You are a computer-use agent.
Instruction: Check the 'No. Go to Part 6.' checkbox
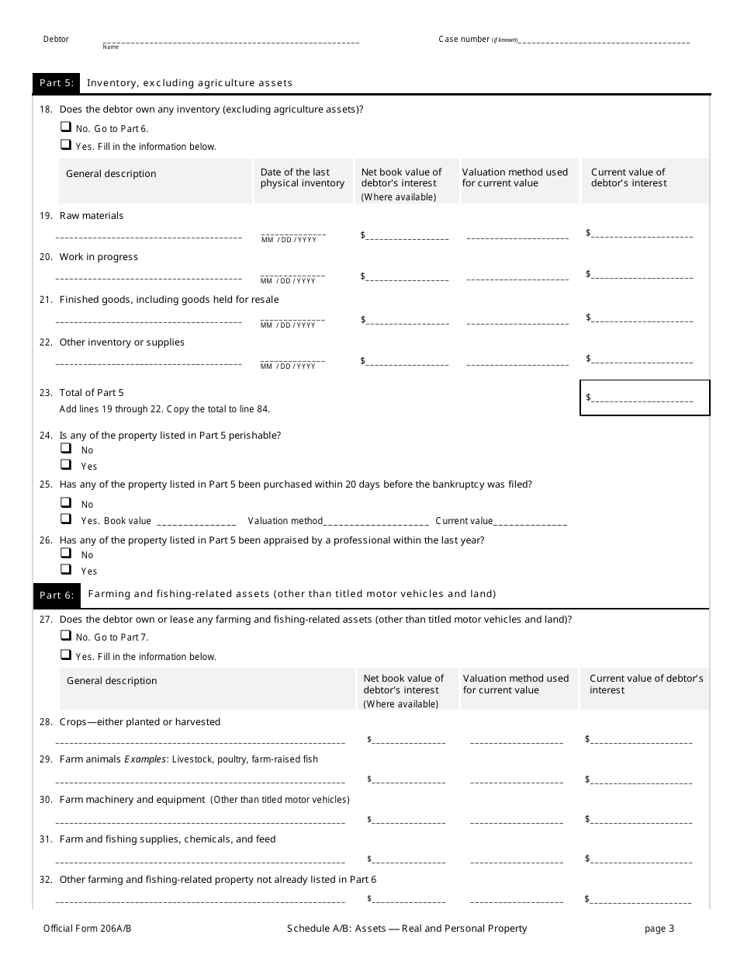(66, 127)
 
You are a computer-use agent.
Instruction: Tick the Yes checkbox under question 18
(66, 144)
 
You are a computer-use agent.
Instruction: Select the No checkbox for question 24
(66, 448)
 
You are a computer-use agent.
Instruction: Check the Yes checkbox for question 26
(66, 569)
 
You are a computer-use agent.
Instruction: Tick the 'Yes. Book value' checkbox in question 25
(66, 519)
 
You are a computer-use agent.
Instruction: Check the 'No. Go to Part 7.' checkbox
(66, 635)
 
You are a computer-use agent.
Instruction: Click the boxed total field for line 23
(644, 398)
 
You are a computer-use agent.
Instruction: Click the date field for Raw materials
(293, 233)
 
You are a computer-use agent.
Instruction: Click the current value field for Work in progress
(642, 274)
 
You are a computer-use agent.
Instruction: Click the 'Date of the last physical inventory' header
(303, 178)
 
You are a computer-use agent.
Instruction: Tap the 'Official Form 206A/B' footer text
(82, 928)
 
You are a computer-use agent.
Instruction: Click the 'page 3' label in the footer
(659, 928)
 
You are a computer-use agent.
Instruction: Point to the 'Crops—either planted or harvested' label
(140, 722)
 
